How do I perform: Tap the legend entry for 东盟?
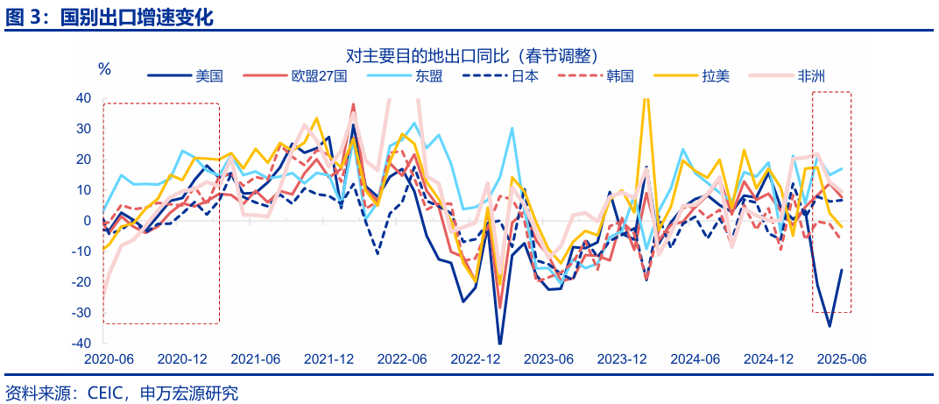click(x=429, y=76)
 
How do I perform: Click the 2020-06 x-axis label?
click(x=108, y=359)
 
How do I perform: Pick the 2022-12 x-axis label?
click(x=475, y=359)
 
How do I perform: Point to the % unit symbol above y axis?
click(x=104, y=69)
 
